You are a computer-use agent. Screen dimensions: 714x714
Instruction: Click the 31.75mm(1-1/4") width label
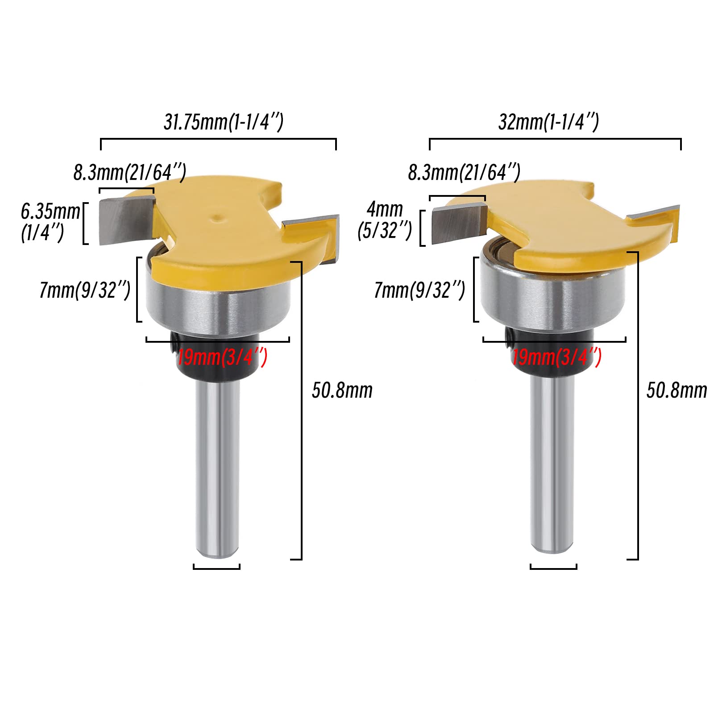(x=223, y=122)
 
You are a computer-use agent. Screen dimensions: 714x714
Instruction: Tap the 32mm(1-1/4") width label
(x=548, y=122)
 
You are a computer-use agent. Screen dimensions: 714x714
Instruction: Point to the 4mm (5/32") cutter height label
(x=385, y=220)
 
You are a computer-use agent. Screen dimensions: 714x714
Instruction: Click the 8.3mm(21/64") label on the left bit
(x=130, y=172)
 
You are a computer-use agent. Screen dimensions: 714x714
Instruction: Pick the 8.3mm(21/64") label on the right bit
(x=464, y=172)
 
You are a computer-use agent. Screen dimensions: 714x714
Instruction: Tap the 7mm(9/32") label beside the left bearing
(x=85, y=290)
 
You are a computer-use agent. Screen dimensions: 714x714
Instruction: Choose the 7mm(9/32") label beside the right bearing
(x=419, y=290)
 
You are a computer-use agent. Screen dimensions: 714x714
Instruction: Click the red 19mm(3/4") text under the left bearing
(x=222, y=357)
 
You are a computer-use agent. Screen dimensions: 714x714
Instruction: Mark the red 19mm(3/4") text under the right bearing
(x=556, y=357)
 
